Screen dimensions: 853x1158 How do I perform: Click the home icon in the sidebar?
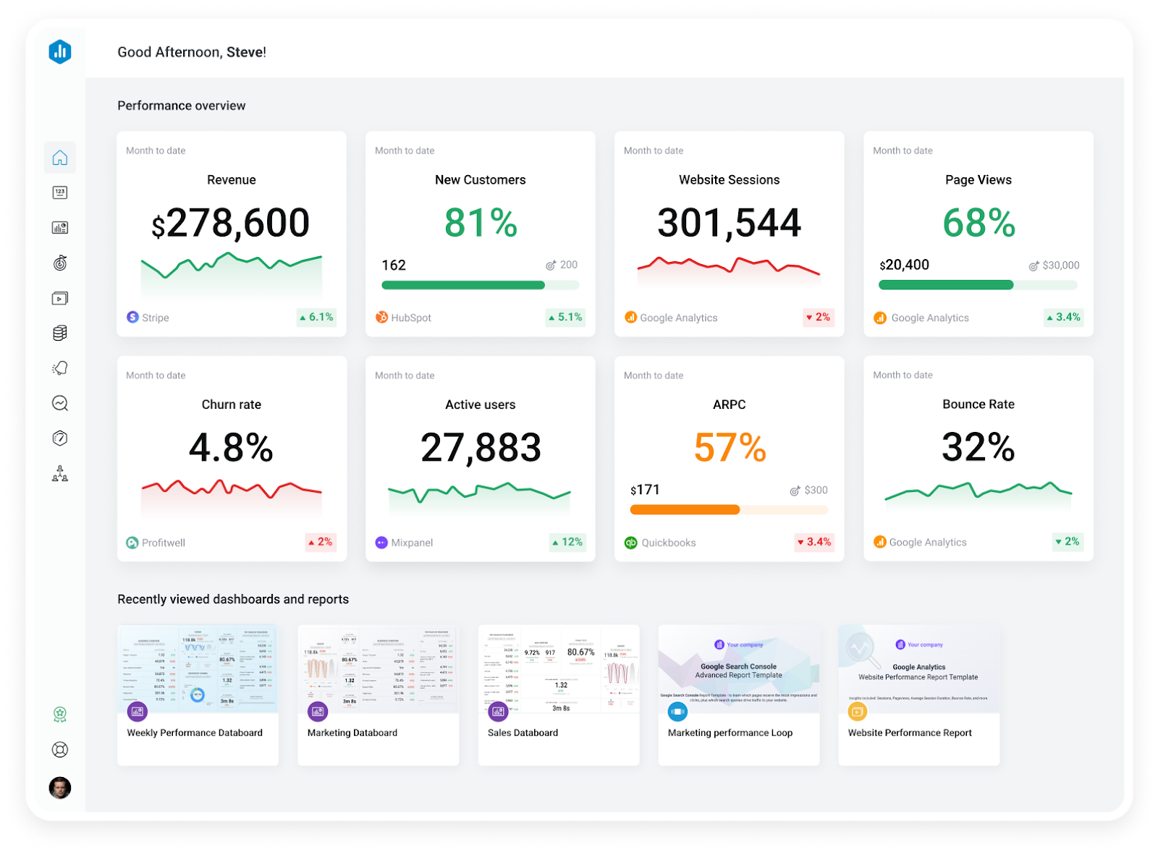60,158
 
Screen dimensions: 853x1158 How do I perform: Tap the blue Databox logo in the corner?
60,51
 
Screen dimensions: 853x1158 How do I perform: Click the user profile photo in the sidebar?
60,787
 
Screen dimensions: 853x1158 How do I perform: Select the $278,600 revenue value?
231,223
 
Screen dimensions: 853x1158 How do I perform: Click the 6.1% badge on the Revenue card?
317,317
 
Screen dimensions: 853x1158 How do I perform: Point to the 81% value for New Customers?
481,223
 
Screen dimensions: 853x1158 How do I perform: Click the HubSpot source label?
410,318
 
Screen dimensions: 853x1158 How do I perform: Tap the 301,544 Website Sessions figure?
729,223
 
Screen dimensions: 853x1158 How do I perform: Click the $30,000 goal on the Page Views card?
1060,266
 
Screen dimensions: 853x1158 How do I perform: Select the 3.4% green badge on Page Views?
1063,317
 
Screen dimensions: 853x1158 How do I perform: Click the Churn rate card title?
231,404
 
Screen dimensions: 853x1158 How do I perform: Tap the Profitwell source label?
163,543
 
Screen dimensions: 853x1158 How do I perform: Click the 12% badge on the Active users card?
567,542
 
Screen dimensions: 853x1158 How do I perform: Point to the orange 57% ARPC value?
730,448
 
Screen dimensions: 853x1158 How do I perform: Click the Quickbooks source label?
668,543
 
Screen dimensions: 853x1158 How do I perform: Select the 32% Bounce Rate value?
978,447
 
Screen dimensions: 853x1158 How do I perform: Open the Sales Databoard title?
523,732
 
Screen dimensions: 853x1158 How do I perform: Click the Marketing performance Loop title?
730,732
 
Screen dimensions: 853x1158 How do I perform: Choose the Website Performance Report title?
910,732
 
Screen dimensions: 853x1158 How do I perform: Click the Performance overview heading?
182,106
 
